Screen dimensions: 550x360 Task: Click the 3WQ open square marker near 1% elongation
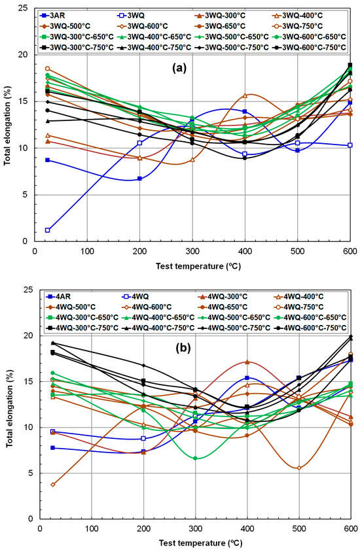tap(48, 230)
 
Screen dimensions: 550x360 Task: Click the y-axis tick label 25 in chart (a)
tap(31, 9)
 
